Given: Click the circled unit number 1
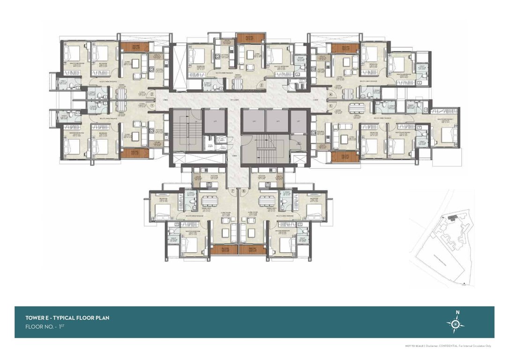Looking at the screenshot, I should (152, 105).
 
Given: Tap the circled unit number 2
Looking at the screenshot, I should (152, 94).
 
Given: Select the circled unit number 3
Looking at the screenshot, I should (262, 85).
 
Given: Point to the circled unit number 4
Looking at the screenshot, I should (330, 94).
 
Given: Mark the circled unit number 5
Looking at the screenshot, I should (330, 106).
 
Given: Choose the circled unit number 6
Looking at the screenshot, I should (244, 191).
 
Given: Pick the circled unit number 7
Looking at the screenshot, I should (232, 191).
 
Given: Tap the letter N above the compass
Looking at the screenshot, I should (458, 313).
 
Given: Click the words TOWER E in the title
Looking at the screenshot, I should (38, 318).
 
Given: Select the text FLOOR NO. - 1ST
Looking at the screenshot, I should (45, 327).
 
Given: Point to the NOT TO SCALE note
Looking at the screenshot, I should (414, 346).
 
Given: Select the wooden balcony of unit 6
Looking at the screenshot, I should (252, 250).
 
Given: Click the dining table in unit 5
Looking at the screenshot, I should (359, 106).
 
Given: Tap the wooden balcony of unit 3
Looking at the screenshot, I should (244, 37).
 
